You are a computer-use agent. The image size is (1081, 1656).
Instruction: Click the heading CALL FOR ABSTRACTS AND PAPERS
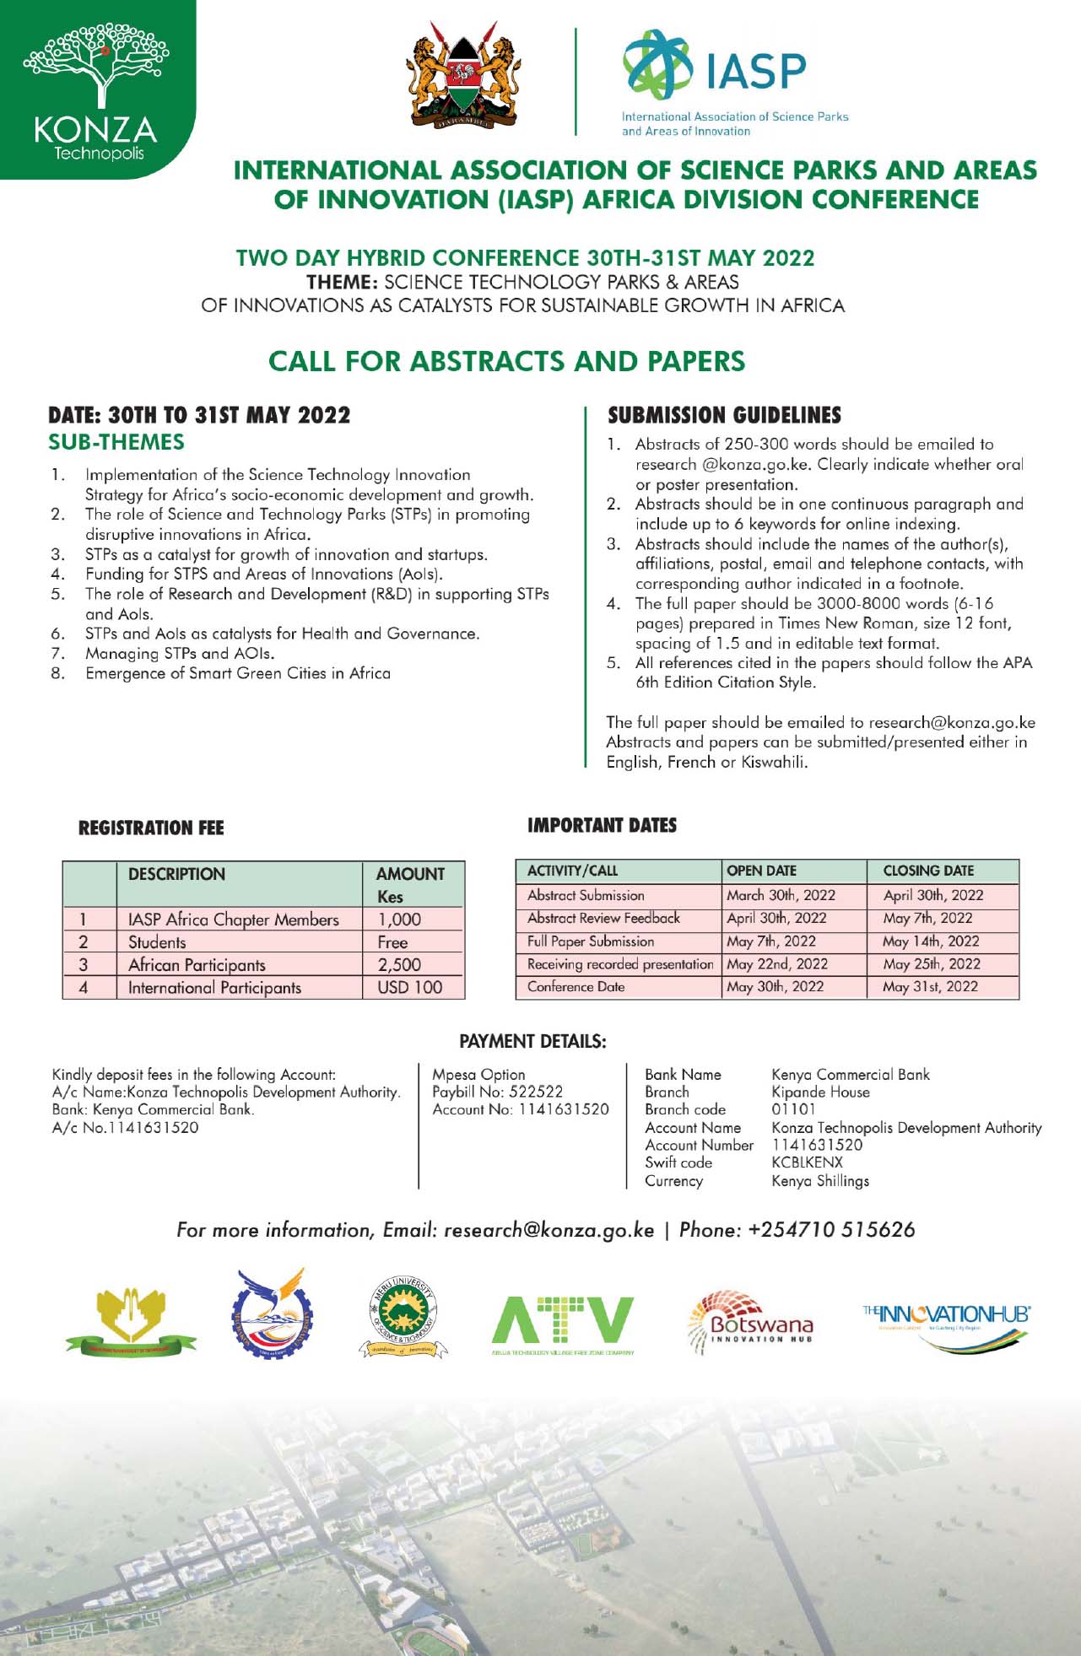[x=506, y=361]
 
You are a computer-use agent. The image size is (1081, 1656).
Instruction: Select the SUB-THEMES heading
[x=116, y=442]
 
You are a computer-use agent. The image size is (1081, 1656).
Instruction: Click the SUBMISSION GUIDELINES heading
[x=724, y=415]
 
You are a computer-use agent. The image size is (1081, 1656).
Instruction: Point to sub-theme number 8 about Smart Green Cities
[x=237, y=673]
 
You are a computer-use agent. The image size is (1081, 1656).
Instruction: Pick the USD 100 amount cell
[x=409, y=987]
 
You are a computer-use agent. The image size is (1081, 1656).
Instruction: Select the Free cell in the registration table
[x=392, y=942]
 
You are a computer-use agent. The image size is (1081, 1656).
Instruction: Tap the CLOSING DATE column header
[x=927, y=871]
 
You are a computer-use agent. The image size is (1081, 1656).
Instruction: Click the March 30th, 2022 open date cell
[x=781, y=895]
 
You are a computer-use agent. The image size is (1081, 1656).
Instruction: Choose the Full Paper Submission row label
[x=591, y=941]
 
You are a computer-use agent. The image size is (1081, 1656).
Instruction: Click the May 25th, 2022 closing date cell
[x=931, y=964]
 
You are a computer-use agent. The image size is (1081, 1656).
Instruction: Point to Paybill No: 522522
[x=497, y=1092]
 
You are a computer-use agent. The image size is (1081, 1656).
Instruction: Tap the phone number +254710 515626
[x=831, y=1230]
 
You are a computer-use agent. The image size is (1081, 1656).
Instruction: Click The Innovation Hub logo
[x=946, y=1322]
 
